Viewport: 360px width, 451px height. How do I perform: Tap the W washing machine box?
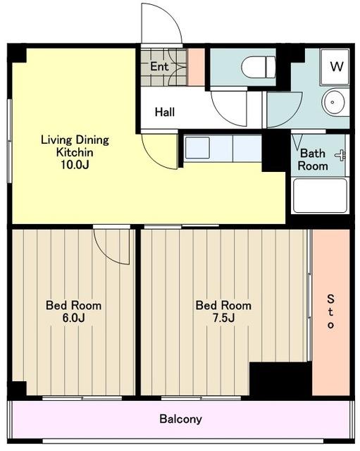[x=335, y=67]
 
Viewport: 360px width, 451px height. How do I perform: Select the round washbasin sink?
[x=333, y=102]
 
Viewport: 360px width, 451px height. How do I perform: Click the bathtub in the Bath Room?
[x=320, y=196]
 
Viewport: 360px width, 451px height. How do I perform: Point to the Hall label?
[x=165, y=112]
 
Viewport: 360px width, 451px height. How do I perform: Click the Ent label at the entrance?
[x=159, y=66]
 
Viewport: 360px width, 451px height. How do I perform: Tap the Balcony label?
[x=180, y=419]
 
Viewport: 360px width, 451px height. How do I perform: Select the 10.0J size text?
[x=75, y=164]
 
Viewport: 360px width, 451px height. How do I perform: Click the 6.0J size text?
[x=74, y=318]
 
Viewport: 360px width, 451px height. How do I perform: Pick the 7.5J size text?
[x=223, y=318]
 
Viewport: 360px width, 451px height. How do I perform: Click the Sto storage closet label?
[x=330, y=311]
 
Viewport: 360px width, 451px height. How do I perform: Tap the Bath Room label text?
[x=313, y=160]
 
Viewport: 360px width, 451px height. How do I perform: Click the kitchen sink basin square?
[x=197, y=148]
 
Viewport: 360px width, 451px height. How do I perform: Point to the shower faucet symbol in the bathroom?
[x=340, y=155]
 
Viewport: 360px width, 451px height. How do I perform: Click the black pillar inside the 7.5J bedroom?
[x=280, y=378]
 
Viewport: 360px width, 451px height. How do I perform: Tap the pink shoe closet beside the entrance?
[x=196, y=68]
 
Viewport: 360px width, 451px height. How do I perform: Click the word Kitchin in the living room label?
[x=75, y=152]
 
